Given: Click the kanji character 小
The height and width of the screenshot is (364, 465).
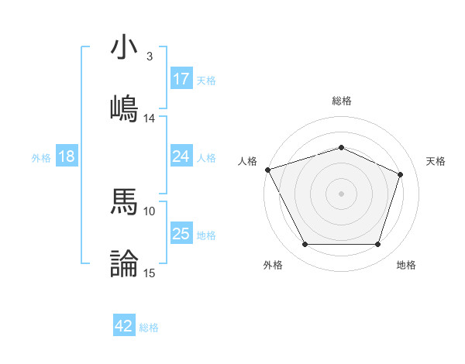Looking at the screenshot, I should click(x=124, y=47).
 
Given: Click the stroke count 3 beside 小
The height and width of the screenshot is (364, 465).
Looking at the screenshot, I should click(x=149, y=57).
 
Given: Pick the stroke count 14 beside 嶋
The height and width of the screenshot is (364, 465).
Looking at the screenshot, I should click(x=149, y=118).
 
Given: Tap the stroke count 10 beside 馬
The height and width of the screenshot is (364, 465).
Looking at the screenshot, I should click(x=149, y=211).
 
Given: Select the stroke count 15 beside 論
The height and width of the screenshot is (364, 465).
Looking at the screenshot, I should click(x=149, y=273).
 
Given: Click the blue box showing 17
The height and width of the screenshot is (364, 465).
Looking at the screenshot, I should click(x=181, y=79).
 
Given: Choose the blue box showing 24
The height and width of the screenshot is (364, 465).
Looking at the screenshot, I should click(x=181, y=156).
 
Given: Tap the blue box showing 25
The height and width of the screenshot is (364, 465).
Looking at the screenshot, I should click(x=181, y=234).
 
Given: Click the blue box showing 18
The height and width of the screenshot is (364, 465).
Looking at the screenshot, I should click(x=67, y=156).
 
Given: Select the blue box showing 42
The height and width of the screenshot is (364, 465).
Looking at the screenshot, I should click(x=124, y=326).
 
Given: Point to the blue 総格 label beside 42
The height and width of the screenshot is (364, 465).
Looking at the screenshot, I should click(x=150, y=328).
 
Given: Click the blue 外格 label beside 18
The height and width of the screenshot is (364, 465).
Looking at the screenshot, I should click(x=41, y=157).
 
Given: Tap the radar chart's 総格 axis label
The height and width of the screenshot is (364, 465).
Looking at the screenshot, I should click(x=341, y=101).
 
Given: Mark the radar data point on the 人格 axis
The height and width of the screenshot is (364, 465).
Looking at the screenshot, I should click(x=267, y=170).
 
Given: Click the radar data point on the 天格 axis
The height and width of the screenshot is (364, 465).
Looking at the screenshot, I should click(x=401, y=174).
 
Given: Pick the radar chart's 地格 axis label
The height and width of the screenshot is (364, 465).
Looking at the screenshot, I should click(x=406, y=265).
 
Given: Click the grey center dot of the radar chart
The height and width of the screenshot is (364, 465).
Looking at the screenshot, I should click(x=341, y=193).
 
